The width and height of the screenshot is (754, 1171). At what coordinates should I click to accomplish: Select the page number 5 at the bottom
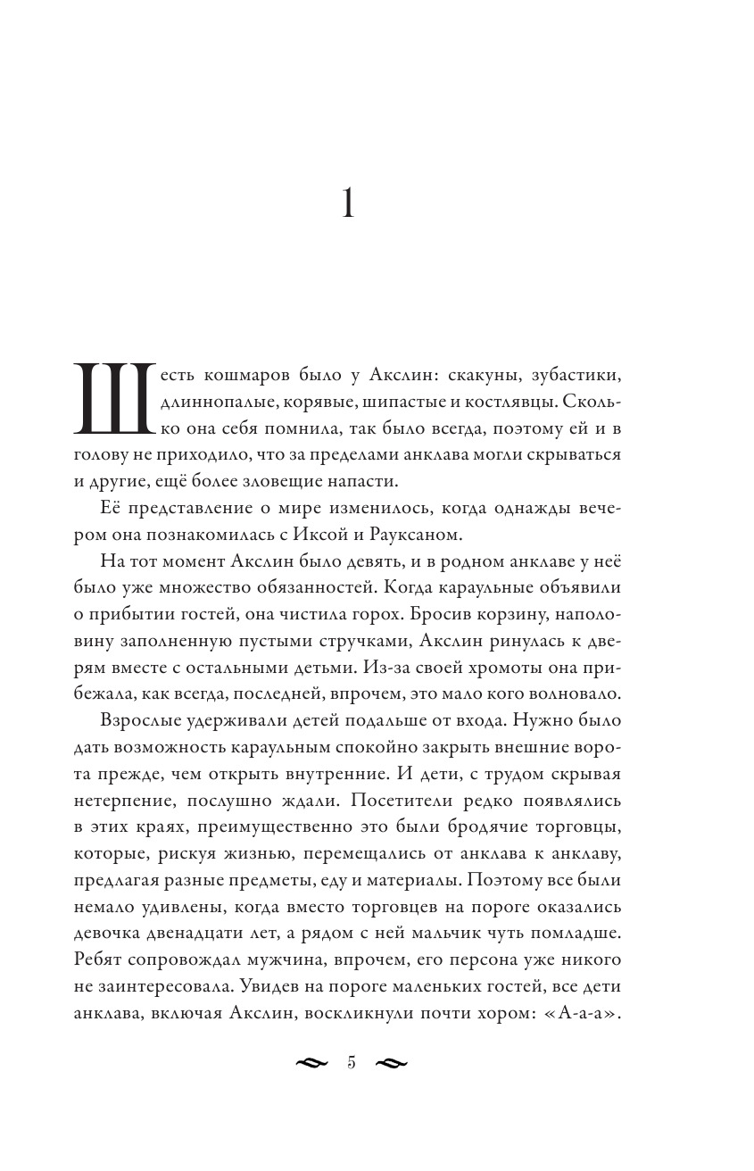[351, 1062]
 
